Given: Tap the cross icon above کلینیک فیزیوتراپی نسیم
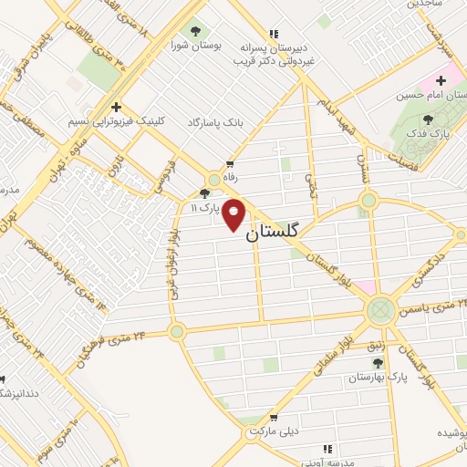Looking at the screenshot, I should [x=116, y=107].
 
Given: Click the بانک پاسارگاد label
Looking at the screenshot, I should [x=218, y=121].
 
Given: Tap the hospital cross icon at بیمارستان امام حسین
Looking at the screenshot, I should [x=441, y=80].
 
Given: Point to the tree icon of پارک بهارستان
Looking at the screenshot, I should [x=378, y=362].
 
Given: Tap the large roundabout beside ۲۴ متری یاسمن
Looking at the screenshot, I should [x=381, y=312].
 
